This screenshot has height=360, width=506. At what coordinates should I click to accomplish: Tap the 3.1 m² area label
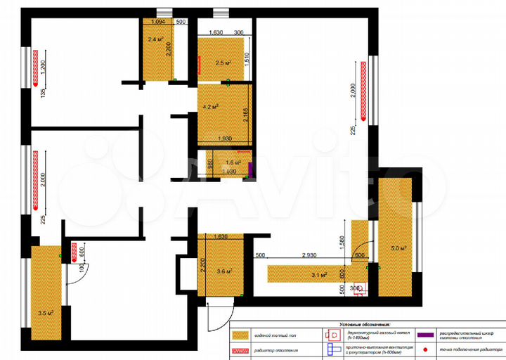point(319,275)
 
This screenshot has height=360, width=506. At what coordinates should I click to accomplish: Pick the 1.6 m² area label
point(233,162)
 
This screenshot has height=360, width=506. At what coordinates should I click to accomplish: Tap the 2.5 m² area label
point(223,63)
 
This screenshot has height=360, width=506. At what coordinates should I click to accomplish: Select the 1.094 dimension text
point(157,22)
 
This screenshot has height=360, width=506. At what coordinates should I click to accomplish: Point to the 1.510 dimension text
point(247,59)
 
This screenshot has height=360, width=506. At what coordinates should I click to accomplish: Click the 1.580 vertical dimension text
point(342,243)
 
